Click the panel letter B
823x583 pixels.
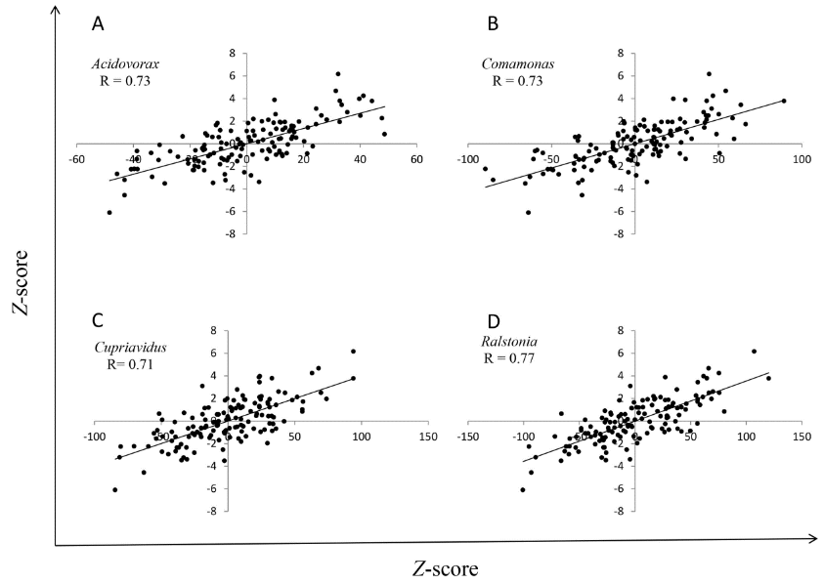point(494,22)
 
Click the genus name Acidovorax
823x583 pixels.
point(124,64)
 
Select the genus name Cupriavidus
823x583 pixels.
point(126,348)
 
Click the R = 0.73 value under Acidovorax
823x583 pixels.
point(125,81)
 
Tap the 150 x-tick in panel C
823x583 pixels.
point(426,439)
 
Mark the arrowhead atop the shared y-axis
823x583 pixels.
point(56,9)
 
